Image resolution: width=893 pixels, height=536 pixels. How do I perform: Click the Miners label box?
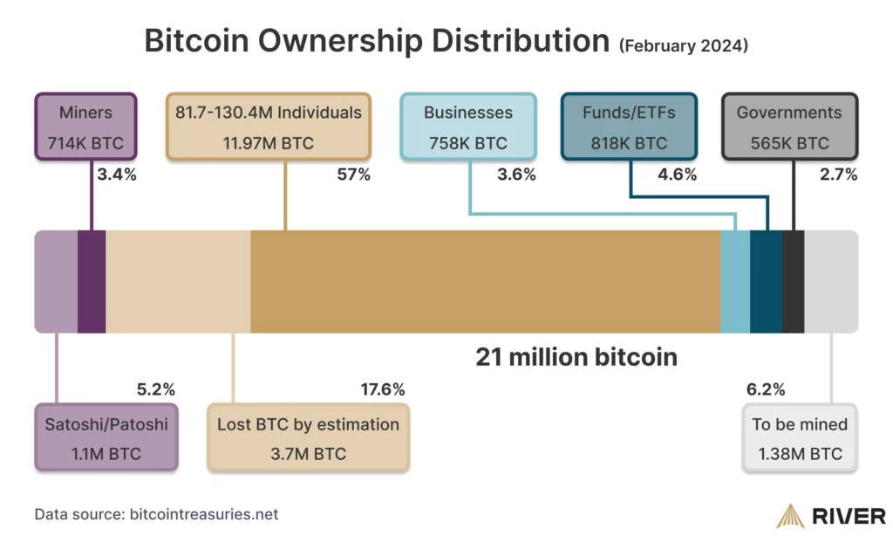tap(85, 127)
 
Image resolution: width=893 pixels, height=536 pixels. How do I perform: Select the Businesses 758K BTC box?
tap(468, 127)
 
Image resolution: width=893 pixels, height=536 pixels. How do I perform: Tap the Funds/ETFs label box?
tap(628, 127)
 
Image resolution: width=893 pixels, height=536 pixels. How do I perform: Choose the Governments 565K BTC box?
tap(789, 127)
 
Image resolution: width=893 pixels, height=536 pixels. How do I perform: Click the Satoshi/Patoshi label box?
tap(106, 438)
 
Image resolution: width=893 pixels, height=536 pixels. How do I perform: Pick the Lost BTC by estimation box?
tap(308, 438)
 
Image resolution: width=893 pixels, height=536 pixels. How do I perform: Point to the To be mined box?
tap(800, 438)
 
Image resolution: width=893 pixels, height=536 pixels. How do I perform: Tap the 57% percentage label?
tap(353, 175)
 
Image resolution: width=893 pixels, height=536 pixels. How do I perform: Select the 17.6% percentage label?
tap(382, 389)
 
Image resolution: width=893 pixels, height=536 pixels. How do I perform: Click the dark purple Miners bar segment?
tap(92, 281)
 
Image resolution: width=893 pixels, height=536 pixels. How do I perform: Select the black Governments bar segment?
tap(793, 281)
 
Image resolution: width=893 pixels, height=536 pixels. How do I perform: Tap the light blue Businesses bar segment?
tap(735, 281)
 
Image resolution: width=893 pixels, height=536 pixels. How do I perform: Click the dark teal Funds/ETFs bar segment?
tap(766, 281)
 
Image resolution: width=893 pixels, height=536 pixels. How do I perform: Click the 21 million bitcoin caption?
tap(576, 357)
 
